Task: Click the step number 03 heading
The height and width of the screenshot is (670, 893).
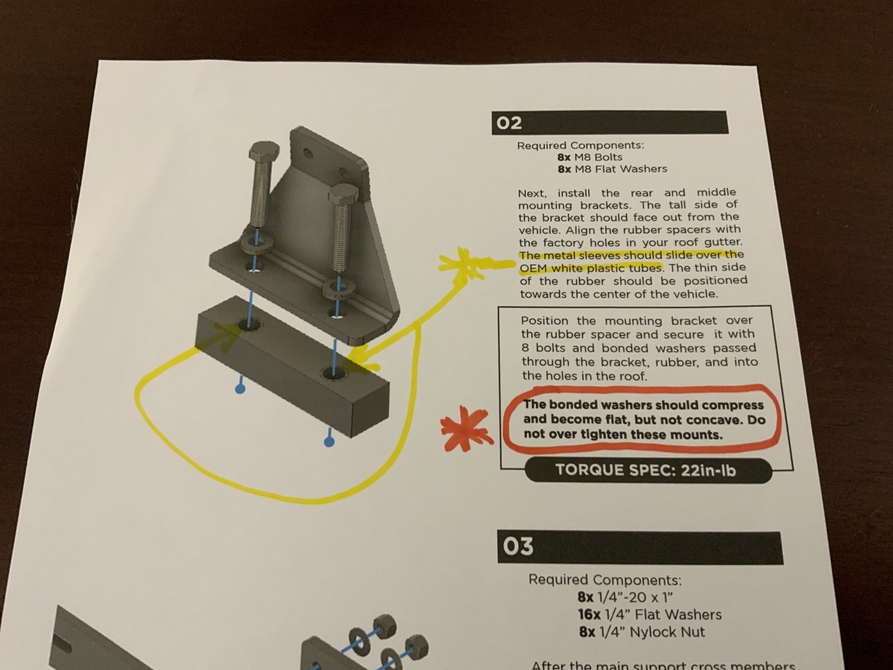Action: (518, 547)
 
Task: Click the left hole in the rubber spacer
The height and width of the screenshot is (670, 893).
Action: (249, 324)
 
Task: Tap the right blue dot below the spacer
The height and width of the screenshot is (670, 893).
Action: (328, 442)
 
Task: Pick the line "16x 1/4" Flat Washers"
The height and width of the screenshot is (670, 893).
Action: (650, 615)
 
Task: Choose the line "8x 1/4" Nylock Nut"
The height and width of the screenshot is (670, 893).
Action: (642, 632)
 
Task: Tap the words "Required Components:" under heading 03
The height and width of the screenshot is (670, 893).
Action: (605, 580)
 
